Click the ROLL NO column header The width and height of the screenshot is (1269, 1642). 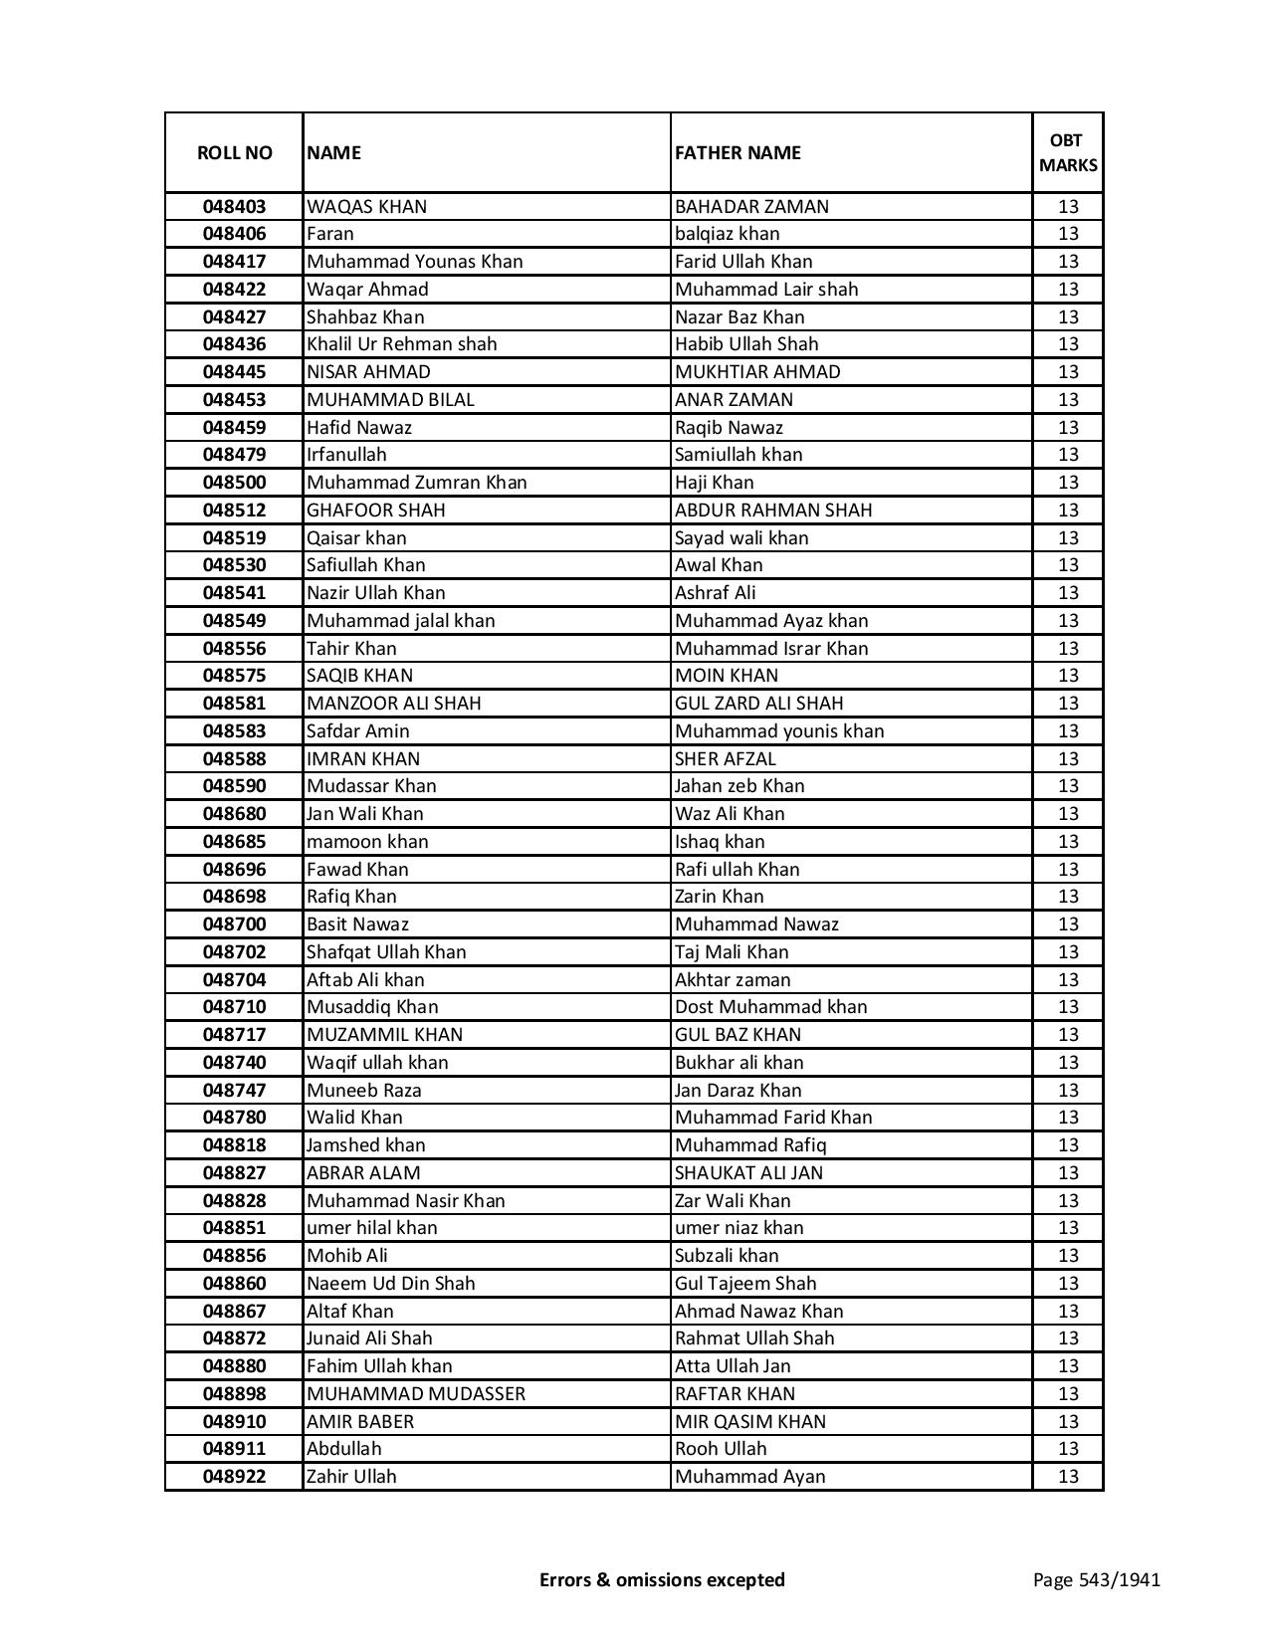pos(234,152)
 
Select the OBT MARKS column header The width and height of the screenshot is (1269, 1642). pos(1067,152)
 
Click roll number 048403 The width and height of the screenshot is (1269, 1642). pos(234,207)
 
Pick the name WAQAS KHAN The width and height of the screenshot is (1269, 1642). pos(366,207)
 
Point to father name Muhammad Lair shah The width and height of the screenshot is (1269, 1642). pos(765,290)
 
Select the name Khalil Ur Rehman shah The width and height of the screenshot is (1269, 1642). pos(401,344)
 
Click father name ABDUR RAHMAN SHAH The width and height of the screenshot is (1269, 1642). pos(772,511)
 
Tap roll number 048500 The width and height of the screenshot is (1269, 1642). pos(234,483)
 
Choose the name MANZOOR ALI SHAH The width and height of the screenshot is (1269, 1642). pos(393,704)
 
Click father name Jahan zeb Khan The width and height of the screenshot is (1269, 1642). pos(740,786)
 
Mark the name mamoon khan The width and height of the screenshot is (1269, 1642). pos(367,842)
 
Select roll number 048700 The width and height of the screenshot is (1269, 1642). pos(234,924)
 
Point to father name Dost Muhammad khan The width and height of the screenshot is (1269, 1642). pos(770,1007)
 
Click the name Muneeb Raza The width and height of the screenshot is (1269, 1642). pos(363,1091)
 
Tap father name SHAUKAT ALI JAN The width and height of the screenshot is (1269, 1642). pos(748,1173)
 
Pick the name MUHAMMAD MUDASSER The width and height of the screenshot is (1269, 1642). pos(415,1394)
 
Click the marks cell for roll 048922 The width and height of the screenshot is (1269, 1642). pos(1067,1477)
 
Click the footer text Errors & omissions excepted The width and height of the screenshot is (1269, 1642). pos(662,1579)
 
